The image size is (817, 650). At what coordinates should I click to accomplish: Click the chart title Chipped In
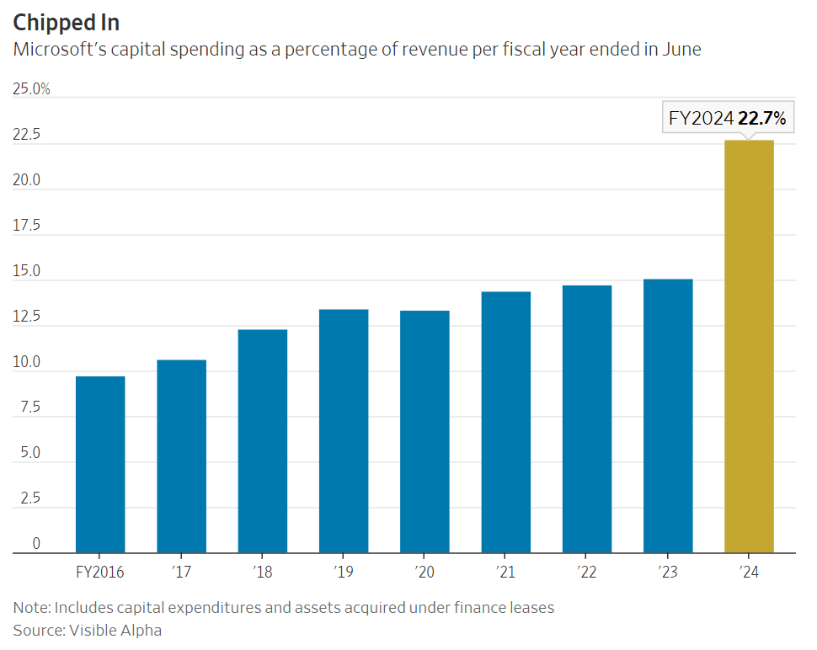[x=67, y=23]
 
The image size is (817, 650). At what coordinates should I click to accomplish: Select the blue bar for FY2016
[x=100, y=465]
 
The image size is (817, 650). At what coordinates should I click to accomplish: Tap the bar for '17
[x=181, y=456]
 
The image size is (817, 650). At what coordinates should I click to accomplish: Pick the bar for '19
[x=344, y=431]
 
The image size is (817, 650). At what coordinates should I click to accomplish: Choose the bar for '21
[x=506, y=423]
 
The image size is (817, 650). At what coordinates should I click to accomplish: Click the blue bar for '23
[x=668, y=416]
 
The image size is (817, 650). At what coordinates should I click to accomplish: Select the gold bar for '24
[x=749, y=347]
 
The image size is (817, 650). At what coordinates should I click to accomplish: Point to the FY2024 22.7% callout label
[x=727, y=119]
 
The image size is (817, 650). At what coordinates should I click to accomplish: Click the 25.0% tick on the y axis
[x=31, y=89]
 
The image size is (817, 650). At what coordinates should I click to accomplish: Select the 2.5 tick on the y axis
[x=29, y=498]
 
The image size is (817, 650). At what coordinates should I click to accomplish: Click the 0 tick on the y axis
[x=36, y=544]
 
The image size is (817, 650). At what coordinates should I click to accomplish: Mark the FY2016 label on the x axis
[x=100, y=573]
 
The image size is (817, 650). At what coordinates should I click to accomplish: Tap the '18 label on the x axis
[x=263, y=573]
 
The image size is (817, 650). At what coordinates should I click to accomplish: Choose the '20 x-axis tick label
[x=425, y=573]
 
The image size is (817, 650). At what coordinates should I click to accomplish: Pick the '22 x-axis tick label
[x=587, y=573]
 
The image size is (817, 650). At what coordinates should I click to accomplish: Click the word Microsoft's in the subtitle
[x=63, y=49]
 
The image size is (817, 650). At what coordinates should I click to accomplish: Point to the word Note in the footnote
[x=29, y=607]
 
